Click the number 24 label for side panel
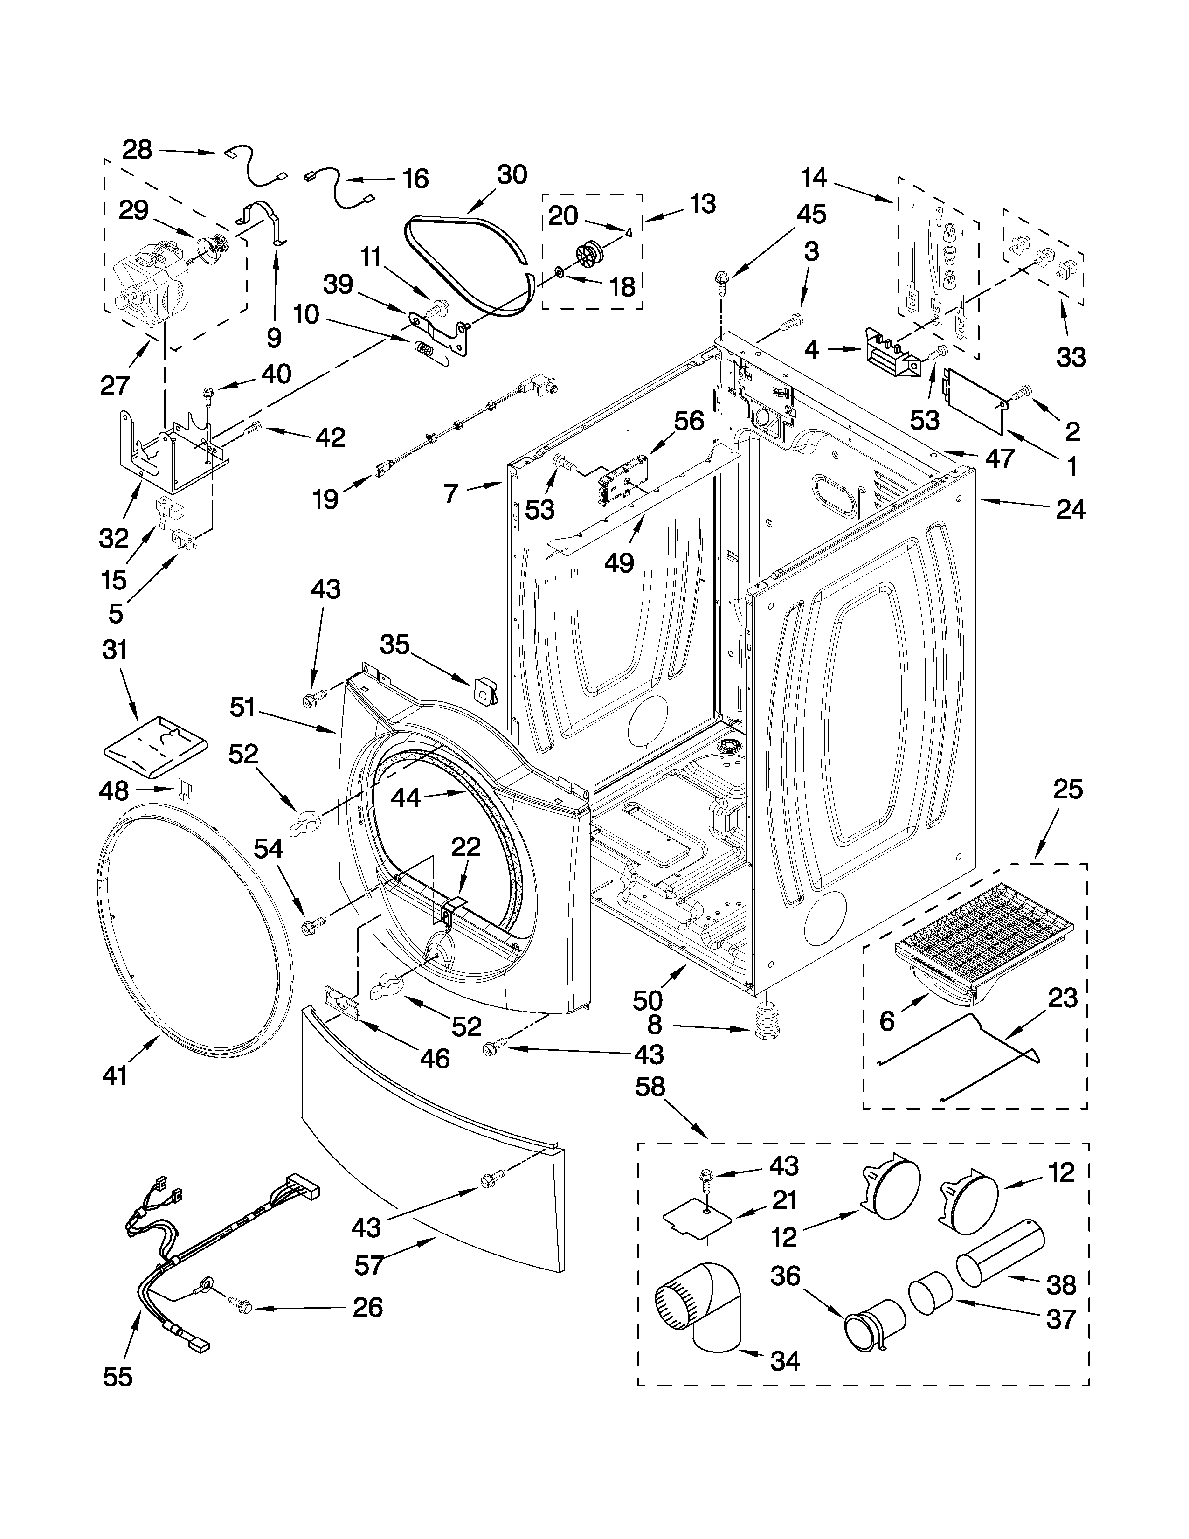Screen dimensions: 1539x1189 pyautogui.click(x=1070, y=509)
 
